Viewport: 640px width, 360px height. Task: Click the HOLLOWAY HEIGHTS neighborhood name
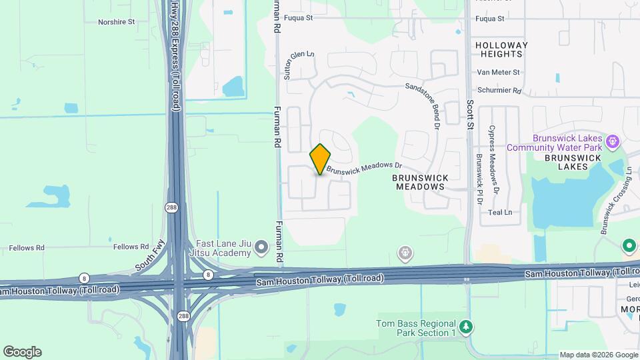tap(501, 50)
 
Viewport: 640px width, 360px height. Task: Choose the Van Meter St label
tap(498, 73)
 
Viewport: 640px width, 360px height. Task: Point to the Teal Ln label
tap(499, 213)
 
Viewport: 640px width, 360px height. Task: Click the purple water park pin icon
tap(613, 141)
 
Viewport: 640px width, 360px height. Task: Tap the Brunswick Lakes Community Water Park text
tap(554, 141)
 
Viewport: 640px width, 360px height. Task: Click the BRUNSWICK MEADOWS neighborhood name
tap(420, 182)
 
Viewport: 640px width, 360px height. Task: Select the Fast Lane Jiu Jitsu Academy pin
tap(261, 249)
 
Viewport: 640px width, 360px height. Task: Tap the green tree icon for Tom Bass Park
tap(467, 327)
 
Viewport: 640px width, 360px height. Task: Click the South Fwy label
tap(149, 255)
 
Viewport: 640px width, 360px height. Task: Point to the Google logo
tap(22, 352)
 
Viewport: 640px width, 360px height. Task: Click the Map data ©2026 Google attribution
tap(598, 355)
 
